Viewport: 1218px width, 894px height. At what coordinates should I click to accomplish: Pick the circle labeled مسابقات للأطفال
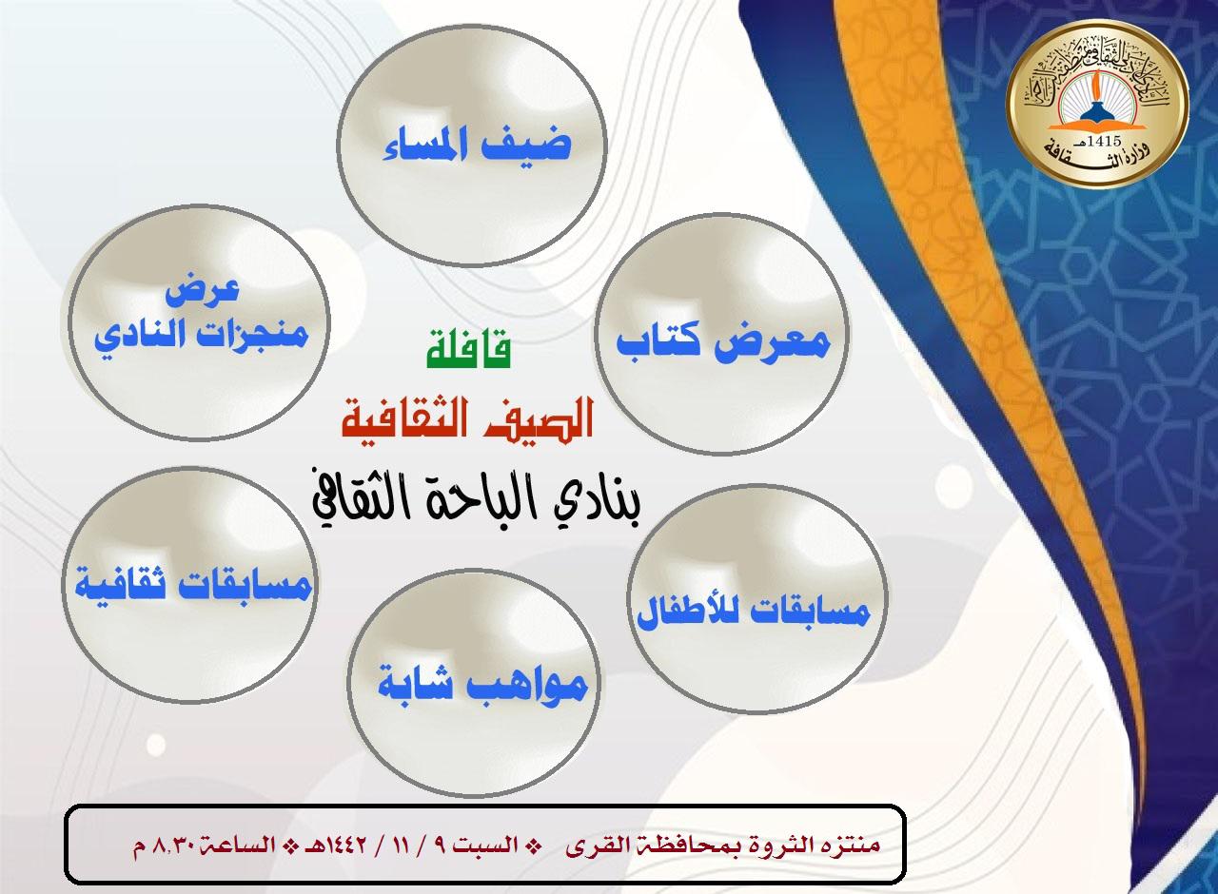pyautogui.click(x=752, y=610)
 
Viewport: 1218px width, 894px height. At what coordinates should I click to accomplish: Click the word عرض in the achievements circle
pyautogui.click(x=190, y=290)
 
